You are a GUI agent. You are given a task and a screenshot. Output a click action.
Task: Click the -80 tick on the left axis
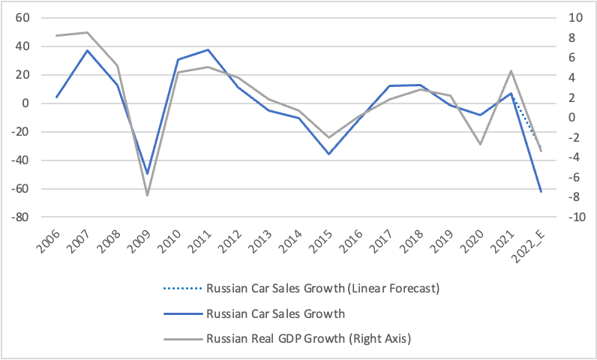tap(20, 217)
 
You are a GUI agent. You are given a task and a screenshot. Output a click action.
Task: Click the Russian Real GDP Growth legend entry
tap(309, 339)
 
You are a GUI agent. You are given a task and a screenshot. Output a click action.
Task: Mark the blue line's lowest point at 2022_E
tap(540, 192)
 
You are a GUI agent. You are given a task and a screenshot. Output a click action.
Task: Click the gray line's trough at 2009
tap(148, 195)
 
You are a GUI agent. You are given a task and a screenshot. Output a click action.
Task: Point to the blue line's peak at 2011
tap(208, 49)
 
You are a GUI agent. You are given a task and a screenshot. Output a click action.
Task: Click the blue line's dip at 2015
tap(328, 154)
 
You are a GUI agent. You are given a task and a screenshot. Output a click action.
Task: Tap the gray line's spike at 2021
tap(510, 70)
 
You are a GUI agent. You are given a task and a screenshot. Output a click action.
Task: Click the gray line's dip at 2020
tap(480, 143)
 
